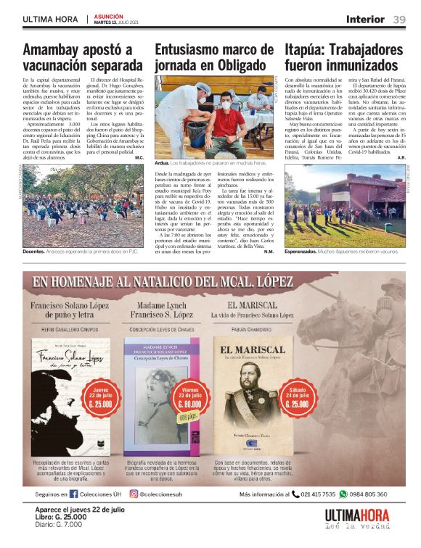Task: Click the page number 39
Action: point(399,20)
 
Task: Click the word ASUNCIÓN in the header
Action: point(108,15)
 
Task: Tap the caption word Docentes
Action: point(33,252)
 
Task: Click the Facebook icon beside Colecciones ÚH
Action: point(73,494)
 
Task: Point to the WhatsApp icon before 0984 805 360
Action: point(343,494)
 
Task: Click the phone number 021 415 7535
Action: point(318,494)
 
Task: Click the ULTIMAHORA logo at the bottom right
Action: point(356,517)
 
